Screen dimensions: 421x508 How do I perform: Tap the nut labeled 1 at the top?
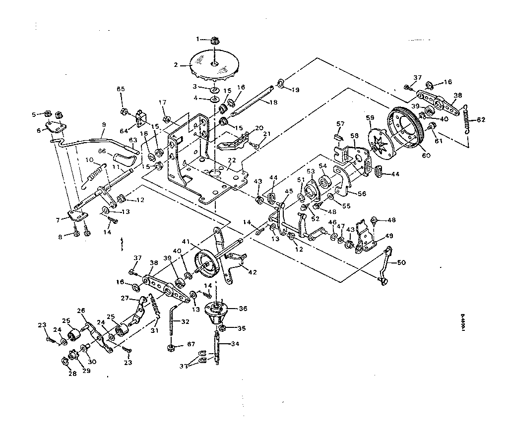(213, 39)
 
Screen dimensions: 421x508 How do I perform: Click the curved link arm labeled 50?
(386, 265)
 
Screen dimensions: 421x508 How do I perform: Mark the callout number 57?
(340, 123)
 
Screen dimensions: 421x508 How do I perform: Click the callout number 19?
(296, 90)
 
